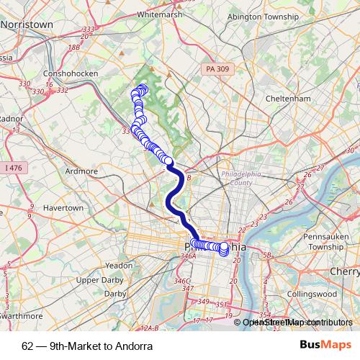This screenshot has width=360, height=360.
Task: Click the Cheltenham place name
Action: coord(287,99)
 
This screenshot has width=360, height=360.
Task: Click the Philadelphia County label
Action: coord(243,179)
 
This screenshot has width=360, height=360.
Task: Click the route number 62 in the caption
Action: coord(27,346)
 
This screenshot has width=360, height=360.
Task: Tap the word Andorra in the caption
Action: coord(132,346)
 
